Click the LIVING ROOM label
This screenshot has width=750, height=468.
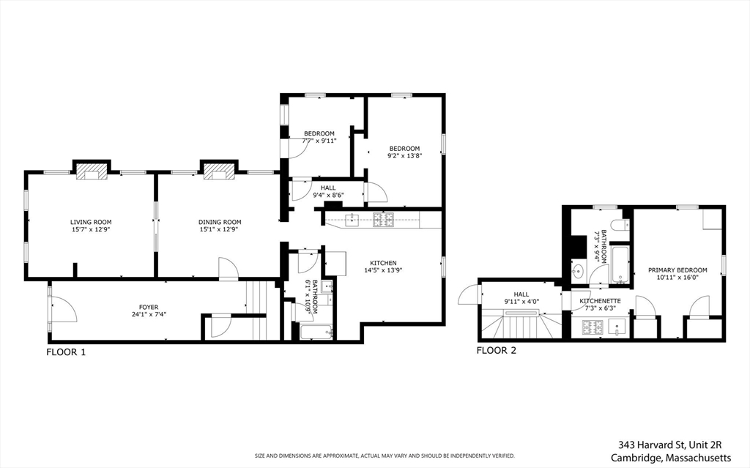(91, 222)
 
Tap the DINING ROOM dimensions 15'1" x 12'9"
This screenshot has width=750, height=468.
(219, 229)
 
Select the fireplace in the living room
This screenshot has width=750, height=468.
(92, 171)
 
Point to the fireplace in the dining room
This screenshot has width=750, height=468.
(218, 171)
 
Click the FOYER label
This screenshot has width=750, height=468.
(149, 307)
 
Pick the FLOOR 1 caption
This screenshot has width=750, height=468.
(66, 353)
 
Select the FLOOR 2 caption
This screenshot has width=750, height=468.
(497, 350)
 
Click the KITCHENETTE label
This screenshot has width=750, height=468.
(600, 301)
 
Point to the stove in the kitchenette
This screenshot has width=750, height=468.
(592, 327)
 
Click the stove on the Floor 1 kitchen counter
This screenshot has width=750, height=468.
(384, 220)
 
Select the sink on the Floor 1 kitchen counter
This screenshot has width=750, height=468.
(352, 220)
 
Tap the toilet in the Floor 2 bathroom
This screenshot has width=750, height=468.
(622, 225)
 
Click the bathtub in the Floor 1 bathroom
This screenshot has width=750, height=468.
(316, 332)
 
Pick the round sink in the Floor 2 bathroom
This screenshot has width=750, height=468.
(578, 272)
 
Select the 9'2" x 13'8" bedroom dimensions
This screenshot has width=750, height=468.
(404, 155)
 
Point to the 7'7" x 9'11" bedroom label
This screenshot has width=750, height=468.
(319, 138)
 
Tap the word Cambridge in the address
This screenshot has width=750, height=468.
(635, 458)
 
